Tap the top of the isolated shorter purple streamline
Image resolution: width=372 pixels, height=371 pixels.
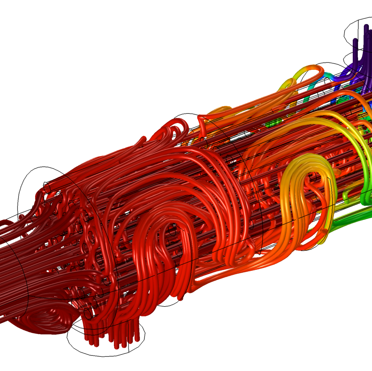355,40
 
